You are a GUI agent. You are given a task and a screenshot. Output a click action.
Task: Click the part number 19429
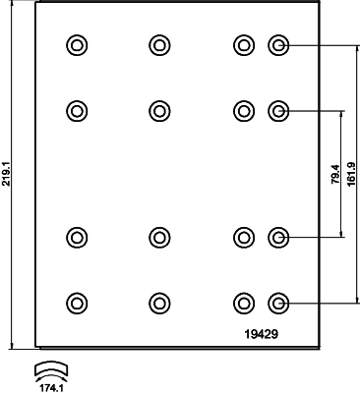point(262,334)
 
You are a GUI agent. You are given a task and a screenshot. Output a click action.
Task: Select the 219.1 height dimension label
point(6,174)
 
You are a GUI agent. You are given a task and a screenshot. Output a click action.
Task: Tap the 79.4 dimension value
point(335,174)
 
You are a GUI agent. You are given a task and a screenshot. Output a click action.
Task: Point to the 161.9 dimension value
point(352,174)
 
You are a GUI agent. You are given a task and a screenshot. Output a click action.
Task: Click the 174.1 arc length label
point(51,388)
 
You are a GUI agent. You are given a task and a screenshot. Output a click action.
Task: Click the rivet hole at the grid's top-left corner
point(77,45)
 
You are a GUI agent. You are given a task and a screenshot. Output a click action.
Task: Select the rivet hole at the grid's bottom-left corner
point(77,304)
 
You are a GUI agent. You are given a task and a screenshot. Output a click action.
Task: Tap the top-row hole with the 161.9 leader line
point(278,45)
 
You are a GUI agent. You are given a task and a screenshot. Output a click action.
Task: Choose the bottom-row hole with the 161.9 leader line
point(278,304)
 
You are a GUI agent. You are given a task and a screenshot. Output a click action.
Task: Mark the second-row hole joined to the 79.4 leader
point(278,111)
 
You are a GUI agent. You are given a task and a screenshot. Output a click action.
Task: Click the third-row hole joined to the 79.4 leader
point(278,237)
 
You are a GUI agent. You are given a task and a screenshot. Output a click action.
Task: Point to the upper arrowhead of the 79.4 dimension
point(341,115)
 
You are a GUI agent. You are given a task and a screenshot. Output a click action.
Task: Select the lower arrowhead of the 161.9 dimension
point(357,300)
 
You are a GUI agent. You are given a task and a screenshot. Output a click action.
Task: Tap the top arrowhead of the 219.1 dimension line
point(13,4)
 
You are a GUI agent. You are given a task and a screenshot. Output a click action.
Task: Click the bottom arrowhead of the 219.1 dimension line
point(13,346)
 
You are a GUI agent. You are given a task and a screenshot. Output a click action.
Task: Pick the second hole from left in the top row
point(159,45)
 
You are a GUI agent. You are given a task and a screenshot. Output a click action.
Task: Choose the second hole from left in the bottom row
point(159,304)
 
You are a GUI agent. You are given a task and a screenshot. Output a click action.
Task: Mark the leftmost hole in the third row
point(77,237)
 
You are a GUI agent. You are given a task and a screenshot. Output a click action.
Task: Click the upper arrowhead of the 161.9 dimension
point(357,49)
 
